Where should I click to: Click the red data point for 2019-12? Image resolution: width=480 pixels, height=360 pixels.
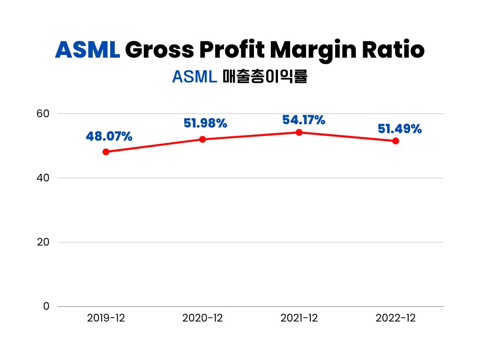[x=106, y=152]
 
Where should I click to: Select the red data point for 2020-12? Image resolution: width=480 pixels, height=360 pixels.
[x=202, y=139]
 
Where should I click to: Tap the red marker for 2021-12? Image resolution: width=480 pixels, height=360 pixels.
[x=299, y=132]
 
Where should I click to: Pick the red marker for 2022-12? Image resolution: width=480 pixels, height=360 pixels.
[x=396, y=141]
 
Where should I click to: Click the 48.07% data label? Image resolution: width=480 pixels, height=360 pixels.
[x=109, y=136]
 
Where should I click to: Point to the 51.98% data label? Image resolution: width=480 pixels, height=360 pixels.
[x=205, y=123]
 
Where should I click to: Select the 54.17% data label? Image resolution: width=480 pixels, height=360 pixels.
[x=303, y=120]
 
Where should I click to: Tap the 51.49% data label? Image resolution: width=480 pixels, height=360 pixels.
[x=399, y=128]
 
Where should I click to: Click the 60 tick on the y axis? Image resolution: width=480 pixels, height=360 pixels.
[x=43, y=114]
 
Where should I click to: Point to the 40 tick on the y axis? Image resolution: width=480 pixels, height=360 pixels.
[x=43, y=178]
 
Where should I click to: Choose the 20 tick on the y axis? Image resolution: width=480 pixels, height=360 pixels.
[x=43, y=242]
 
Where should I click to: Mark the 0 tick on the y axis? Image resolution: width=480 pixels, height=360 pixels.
[x=46, y=306]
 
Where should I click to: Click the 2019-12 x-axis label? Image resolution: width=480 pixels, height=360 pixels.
[x=106, y=318]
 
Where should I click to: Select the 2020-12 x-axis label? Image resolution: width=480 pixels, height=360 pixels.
[x=202, y=318]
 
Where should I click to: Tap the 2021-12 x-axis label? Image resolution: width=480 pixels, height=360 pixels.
[x=299, y=318]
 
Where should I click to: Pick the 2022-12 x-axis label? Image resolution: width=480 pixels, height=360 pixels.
[x=396, y=318]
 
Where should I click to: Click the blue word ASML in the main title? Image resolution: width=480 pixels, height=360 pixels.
[x=88, y=50]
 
